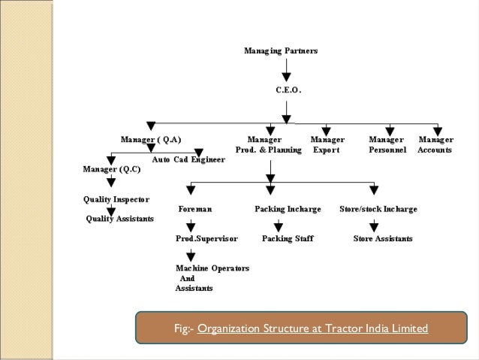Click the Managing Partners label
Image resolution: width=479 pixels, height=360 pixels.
coord(281,51)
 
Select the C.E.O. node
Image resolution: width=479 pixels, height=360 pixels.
coord(288,89)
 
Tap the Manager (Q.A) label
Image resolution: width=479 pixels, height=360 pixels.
coord(151,139)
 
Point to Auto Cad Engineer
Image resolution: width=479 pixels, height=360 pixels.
coord(188,159)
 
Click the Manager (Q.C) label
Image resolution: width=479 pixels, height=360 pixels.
coord(110,169)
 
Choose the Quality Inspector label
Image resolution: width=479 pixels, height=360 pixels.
coord(116,199)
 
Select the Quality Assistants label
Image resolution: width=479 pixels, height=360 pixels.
coord(120,219)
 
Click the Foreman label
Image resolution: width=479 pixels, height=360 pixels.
coord(195,208)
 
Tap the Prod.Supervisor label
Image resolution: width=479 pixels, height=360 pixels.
coord(206,238)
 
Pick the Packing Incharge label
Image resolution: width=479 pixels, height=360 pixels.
coord(288,208)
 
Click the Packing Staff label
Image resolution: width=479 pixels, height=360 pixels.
coord(288,238)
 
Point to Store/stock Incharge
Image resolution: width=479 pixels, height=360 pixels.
coord(378,208)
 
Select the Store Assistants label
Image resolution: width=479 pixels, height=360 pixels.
coord(383,238)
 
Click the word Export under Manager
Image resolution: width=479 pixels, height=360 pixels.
coord(326,150)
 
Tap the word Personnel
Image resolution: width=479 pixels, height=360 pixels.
coord(387,150)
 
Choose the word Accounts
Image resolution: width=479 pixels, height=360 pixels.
coord(435,150)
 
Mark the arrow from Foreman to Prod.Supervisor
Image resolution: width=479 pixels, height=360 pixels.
coord(193,223)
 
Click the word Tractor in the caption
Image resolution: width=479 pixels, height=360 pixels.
coord(331,329)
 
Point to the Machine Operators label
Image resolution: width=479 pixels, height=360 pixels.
coord(212,268)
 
